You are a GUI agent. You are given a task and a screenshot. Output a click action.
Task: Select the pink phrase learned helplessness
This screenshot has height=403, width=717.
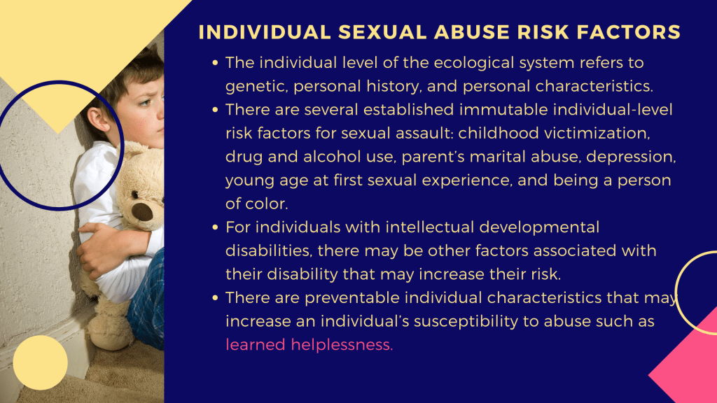pyautogui.click(x=309, y=344)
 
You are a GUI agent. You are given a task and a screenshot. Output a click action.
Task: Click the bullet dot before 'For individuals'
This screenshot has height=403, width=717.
pyautogui.click(x=215, y=227)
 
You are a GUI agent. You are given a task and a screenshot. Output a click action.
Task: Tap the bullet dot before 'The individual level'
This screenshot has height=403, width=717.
pyautogui.click(x=215, y=62)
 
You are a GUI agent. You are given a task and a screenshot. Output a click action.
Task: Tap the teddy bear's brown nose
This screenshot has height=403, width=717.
pyautogui.click(x=142, y=212)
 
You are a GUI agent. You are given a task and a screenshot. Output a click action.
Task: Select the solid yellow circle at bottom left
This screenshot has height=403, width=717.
pyautogui.click(x=40, y=362)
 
